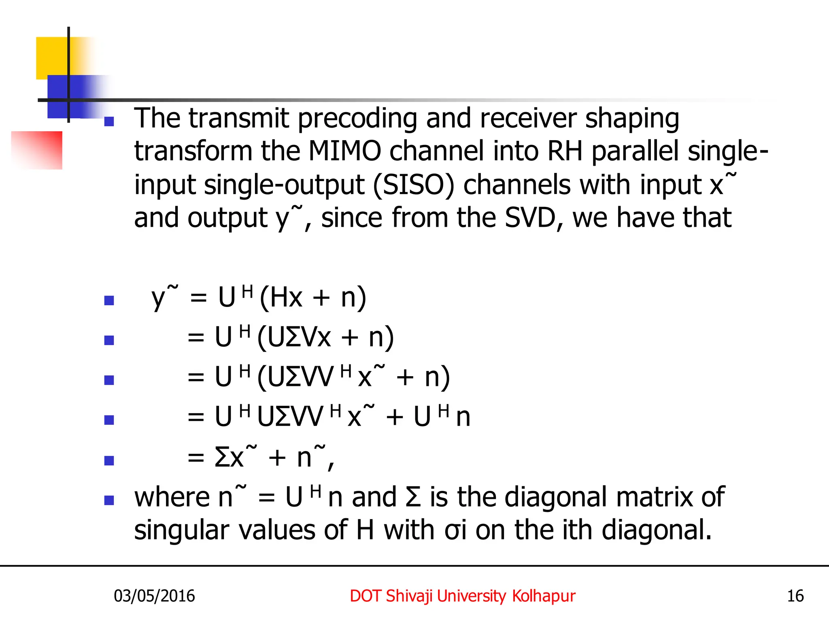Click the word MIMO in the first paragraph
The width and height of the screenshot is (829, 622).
coord(344,151)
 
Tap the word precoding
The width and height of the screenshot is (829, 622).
coord(357,118)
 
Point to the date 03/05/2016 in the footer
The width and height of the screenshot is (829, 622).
coord(154,596)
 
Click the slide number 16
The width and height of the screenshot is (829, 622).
coord(795,596)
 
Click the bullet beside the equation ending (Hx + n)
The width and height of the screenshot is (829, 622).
coord(109,300)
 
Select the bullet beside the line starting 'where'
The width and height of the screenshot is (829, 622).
coord(109,501)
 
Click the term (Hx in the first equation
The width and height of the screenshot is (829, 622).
coord(281,298)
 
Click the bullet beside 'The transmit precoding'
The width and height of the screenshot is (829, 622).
coord(109,121)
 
